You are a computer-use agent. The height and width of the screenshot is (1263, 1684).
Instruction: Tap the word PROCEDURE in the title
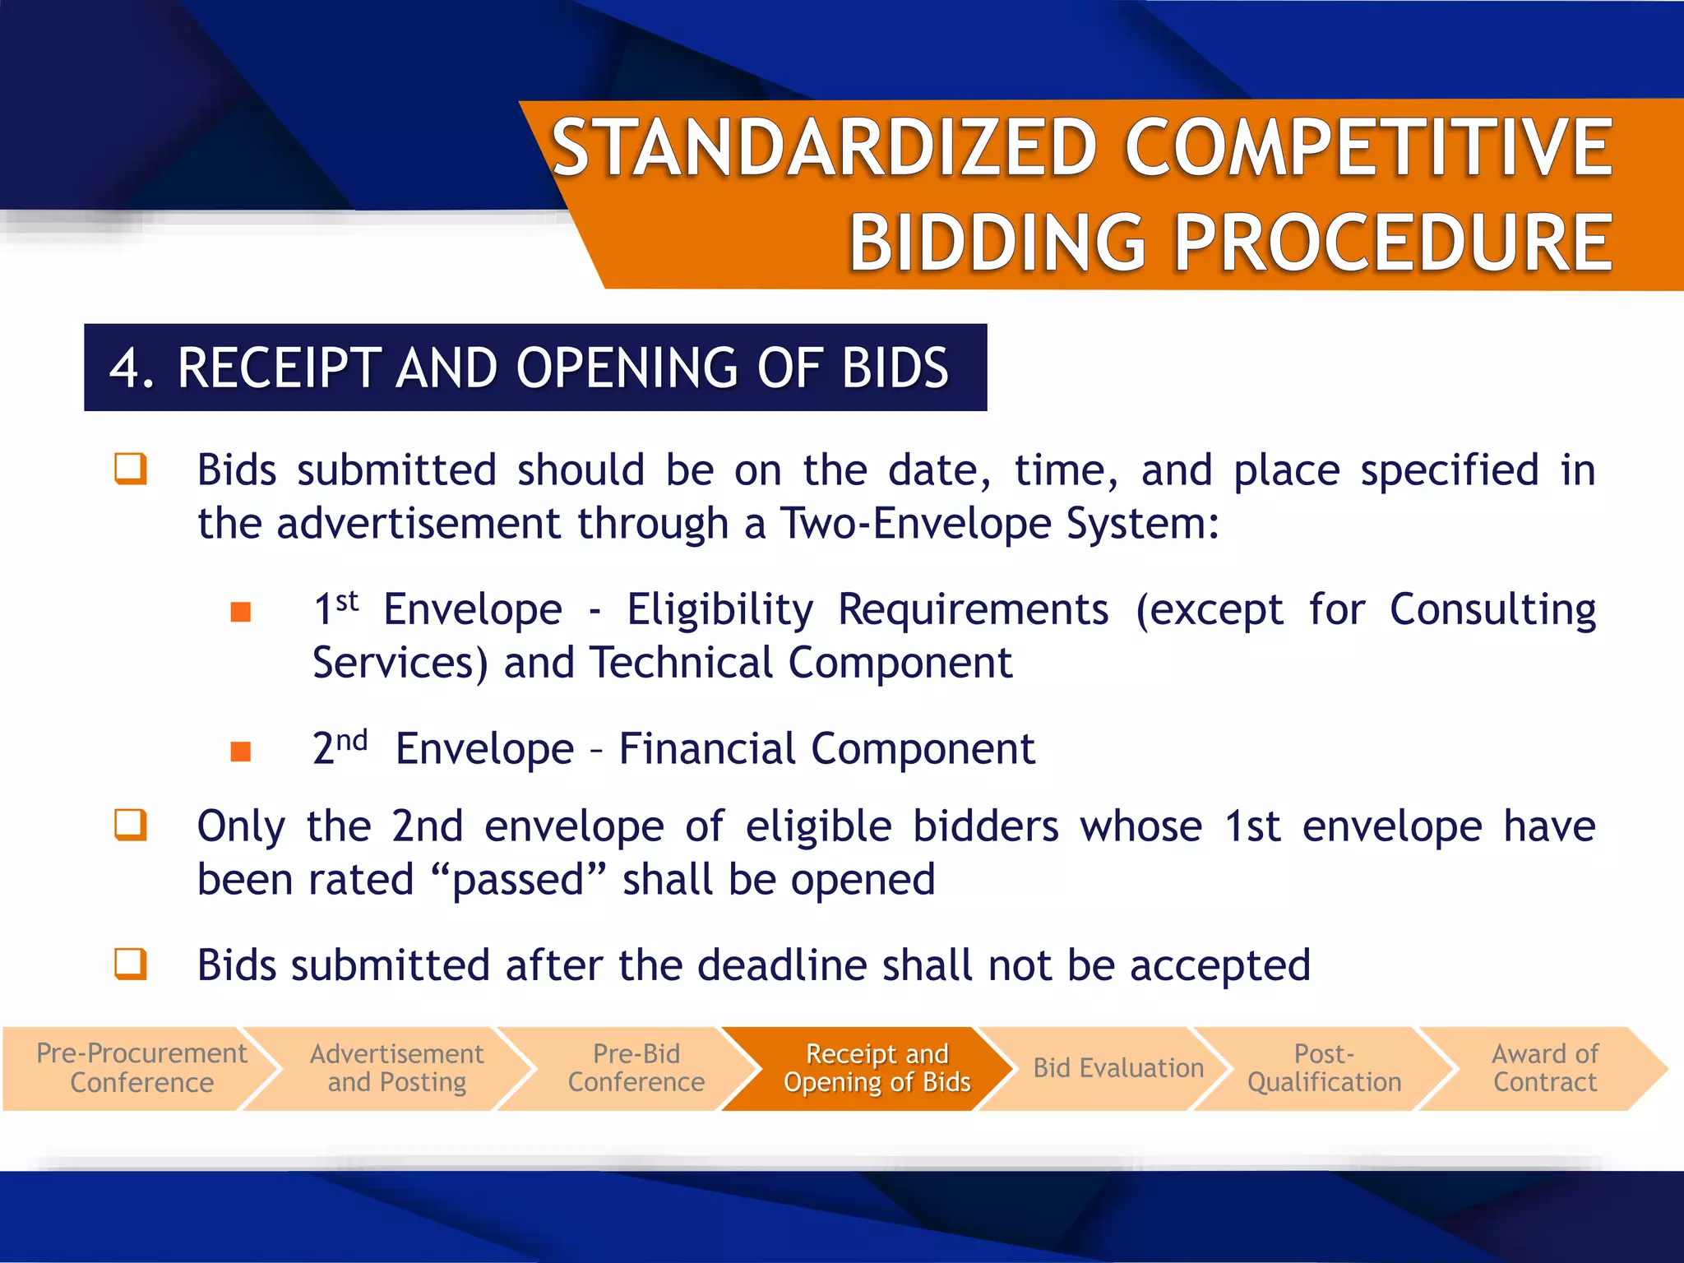click(1394, 243)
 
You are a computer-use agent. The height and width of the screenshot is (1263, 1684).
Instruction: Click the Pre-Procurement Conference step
click(141, 1068)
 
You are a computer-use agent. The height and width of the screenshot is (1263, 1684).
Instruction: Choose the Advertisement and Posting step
click(396, 1068)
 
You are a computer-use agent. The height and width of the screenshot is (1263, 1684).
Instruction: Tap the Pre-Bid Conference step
click(636, 1068)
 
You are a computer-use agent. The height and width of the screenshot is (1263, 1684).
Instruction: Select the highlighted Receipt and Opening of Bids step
click(877, 1068)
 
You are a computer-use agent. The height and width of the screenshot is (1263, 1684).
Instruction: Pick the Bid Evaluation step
click(1117, 1068)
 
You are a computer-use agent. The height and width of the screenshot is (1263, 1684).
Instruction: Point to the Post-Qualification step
click(1324, 1068)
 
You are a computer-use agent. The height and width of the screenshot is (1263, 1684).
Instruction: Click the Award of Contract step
click(1544, 1068)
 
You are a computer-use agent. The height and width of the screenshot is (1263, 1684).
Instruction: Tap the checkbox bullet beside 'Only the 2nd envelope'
click(131, 825)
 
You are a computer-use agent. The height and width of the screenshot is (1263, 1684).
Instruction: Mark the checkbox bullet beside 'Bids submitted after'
click(131, 964)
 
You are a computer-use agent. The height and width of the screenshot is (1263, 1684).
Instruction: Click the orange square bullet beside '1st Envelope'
click(241, 612)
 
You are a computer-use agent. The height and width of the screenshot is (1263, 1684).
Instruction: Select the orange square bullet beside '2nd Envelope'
click(241, 751)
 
